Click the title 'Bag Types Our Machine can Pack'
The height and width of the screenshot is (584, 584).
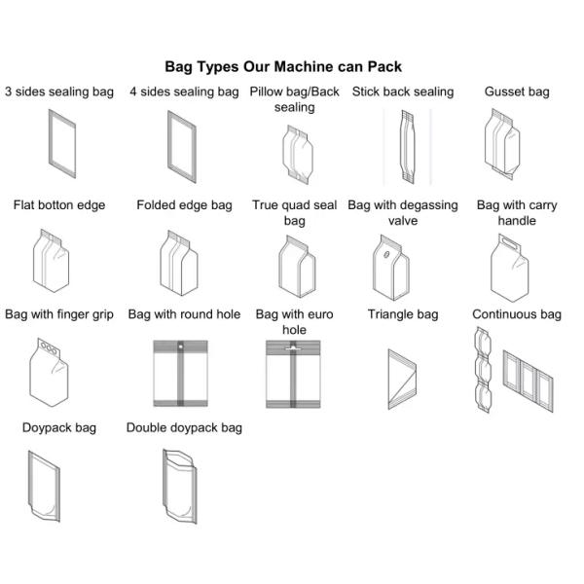283,66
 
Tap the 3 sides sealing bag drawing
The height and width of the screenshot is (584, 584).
62,143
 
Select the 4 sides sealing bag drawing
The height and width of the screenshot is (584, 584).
182,146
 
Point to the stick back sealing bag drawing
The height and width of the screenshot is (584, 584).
407,146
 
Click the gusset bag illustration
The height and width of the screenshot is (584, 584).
502,144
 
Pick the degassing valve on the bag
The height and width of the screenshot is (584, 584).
386,255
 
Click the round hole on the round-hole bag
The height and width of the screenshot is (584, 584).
181,347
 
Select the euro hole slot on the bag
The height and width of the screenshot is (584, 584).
293,348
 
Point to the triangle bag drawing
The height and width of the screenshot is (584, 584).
402,380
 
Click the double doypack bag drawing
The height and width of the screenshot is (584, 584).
180,487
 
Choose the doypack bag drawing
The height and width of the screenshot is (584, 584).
44,486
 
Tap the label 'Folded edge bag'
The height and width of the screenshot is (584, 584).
184,205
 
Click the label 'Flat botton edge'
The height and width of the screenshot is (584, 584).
59,205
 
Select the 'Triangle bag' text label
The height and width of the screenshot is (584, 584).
403,314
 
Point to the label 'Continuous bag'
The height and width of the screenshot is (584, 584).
517,314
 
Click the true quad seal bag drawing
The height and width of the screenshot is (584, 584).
297,267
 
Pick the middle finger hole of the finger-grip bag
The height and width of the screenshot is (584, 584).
49,348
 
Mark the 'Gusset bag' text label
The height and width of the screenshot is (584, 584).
517,92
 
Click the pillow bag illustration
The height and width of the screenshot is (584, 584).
297,155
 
